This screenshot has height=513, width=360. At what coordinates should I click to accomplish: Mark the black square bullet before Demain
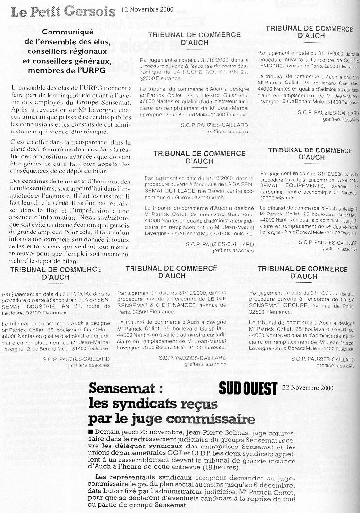click(92, 431)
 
